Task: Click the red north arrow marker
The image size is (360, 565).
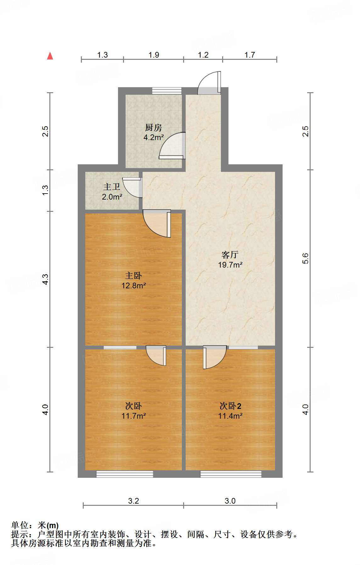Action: [50, 56]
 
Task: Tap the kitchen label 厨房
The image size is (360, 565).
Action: [153, 127]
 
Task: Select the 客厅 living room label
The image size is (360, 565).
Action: [230, 254]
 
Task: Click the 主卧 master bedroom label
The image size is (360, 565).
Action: [133, 276]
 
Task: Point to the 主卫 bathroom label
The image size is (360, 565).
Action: [112, 187]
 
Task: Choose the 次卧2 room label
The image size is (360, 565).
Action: [230, 406]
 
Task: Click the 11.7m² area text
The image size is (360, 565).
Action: [133, 416]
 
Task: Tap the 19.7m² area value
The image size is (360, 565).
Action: [230, 265]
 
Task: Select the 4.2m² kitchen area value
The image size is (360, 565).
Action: [154, 137]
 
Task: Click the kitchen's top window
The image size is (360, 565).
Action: [167, 91]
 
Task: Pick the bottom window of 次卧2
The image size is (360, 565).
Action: [231, 474]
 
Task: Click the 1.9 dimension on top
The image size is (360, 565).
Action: [154, 55]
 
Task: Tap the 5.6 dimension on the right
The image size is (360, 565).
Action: [305, 258]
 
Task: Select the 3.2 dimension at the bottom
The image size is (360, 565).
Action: [133, 501]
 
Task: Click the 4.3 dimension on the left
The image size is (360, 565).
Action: [45, 279]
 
